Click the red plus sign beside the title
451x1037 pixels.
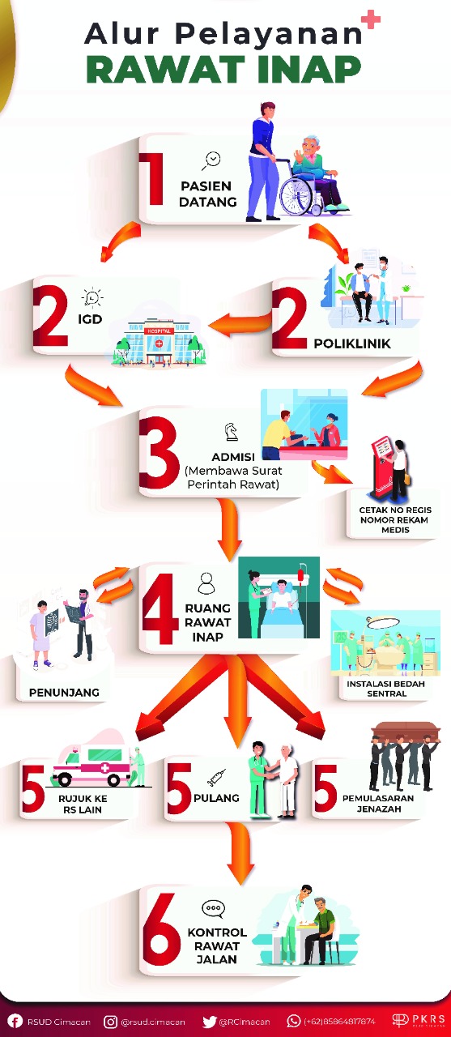tap(371, 19)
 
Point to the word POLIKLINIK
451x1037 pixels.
tap(352, 344)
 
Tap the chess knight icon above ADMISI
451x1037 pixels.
tap(231, 432)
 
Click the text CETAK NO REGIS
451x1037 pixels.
tap(395, 510)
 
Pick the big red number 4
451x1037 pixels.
tap(160, 608)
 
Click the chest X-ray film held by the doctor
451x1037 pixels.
tap(74, 614)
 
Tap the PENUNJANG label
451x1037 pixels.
tap(64, 692)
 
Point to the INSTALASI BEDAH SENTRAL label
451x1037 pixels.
tap(385, 689)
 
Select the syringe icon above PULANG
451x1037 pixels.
tap(216, 777)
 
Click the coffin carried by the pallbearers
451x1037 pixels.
tap(406, 731)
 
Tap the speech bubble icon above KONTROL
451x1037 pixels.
tap(213, 909)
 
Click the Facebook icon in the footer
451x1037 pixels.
tap(15, 1022)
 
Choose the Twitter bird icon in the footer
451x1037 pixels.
tap(210, 1022)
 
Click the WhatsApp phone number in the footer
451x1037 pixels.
tap(339, 1022)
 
